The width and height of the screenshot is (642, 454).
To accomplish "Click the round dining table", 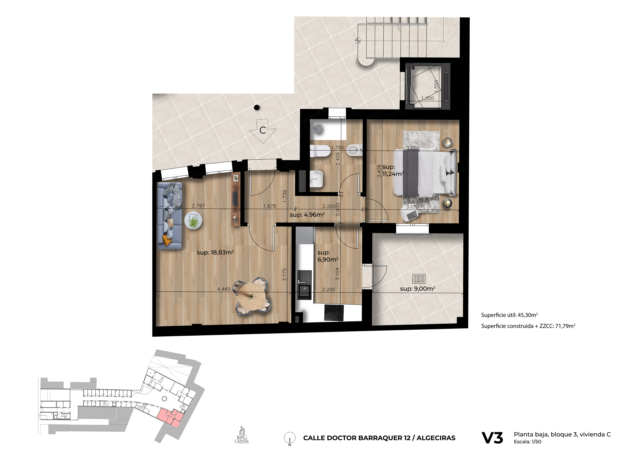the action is click(252, 297).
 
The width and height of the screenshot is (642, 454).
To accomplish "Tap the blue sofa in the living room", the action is click(169, 215).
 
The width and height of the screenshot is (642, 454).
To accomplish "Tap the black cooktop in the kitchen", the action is click(334, 313).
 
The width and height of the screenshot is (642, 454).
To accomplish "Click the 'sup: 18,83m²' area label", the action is click(215, 252).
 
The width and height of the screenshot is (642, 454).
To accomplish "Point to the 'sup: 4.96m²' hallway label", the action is click(307, 215).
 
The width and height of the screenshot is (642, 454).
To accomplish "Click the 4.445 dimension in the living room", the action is click(224, 289).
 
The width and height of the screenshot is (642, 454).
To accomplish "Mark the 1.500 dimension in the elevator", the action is click(428, 98).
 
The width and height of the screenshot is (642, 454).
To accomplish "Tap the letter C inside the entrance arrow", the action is click(263, 130).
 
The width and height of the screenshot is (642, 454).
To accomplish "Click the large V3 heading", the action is click(492, 438).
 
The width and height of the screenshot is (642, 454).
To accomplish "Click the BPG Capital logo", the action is click(242, 435).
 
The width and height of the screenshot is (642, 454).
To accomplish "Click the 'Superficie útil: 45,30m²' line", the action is click(509, 315).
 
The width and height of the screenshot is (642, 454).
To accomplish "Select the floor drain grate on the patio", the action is click(419, 279).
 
